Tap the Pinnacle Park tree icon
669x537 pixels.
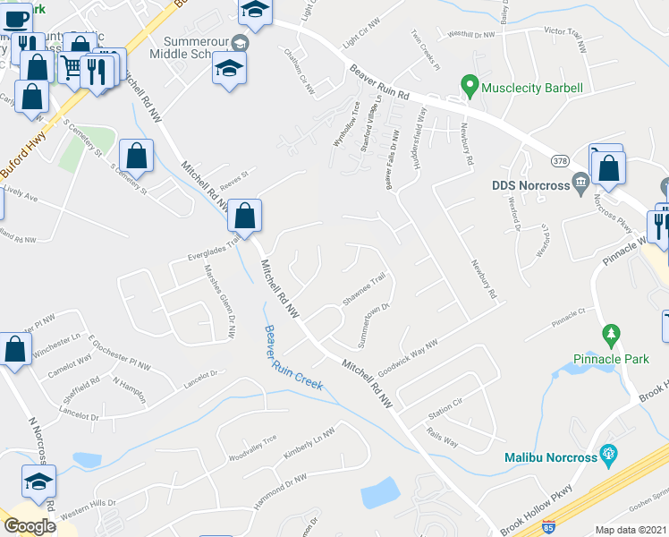click(x=612, y=337)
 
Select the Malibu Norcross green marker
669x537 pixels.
click(x=609, y=455)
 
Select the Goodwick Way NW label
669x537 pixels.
click(x=407, y=355)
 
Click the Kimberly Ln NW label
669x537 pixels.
click(x=309, y=443)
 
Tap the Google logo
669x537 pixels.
click(x=30, y=526)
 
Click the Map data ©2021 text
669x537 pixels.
click(x=631, y=530)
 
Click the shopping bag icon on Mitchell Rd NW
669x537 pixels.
click(x=244, y=216)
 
